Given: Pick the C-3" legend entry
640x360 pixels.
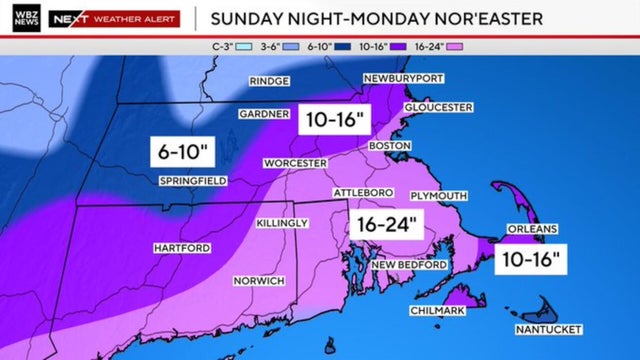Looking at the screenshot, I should pyautogui.click(x=226, y=46).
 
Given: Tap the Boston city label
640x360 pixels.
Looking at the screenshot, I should pyautogui.click(x=390, y=146).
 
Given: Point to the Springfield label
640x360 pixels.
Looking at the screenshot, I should pyautogui.click(x=193, y=181).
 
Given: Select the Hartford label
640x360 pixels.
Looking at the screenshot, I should pyautogui.click(x=180, y=247).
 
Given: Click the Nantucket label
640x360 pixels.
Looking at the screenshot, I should pyautogui.click(x=549, y=329).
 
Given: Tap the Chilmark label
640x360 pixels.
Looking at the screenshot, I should pyautogui.click(x=436, y=311).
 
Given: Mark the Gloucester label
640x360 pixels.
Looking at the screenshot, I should pyautogui.click(x=438, y=107).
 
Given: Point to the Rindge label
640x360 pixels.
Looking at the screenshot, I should pyautogui.click(x=270, y=81).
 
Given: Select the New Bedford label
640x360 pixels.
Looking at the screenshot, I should pyautogui.click(x=406, y=265).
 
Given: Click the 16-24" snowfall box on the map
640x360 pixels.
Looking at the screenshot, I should pyautogui.click(x=385, y=224).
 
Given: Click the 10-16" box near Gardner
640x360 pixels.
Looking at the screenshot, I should pyautogui.click(x=335, y=119).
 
